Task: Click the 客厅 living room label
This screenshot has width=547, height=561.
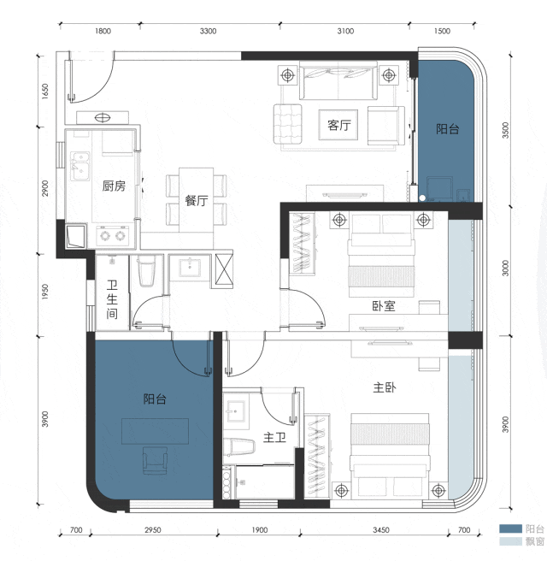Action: pyautogui.click(x=339, y=125)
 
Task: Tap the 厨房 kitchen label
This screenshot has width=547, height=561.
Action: pyautogui.click(x=114, y=186)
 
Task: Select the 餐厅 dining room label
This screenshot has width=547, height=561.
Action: pyautogui.click(x=197, y=200)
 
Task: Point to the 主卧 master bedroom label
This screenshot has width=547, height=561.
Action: pyautogui.click(x=385, y=387)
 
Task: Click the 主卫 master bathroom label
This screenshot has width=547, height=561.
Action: pyautogui.click(x=274, y=437)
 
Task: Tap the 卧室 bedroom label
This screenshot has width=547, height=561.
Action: pyautogui.click(x=384, y=306)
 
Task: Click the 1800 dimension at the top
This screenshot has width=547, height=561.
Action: pyautogui.click(x=103, y=31)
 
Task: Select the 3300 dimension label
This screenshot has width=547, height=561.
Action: pyautogui.click(x=208, y=31)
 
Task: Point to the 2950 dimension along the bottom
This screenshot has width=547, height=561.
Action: pyautogui.click(x=153, y=530)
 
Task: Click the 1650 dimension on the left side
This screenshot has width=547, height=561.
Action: pyautogui.click(x=44, y=92)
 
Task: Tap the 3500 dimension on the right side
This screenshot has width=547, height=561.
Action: pyautogui.click(x=505, y=130)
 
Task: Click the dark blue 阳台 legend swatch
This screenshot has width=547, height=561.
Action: pyautogui.click(x=510, y=529)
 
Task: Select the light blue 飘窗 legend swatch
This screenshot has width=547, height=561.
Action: pyautogui.click(x=510, y=541)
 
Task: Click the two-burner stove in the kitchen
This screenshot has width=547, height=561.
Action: pyautogui.click(x=112, y=235)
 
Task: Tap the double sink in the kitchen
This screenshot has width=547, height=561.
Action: pyautogui.click(x=80, y=166)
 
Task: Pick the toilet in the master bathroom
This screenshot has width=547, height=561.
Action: pyautogui.click(x=239, y=447)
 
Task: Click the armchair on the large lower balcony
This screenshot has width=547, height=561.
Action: pyautogui.click(x=155, y=460)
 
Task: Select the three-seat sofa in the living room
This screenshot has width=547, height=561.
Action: pyautogui.click(x=338, y=81)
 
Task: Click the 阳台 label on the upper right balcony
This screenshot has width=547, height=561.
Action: pyautogui.click(x=447, y=129)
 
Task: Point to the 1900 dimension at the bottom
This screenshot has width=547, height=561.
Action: pyautogui.click(x=259, y=530)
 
